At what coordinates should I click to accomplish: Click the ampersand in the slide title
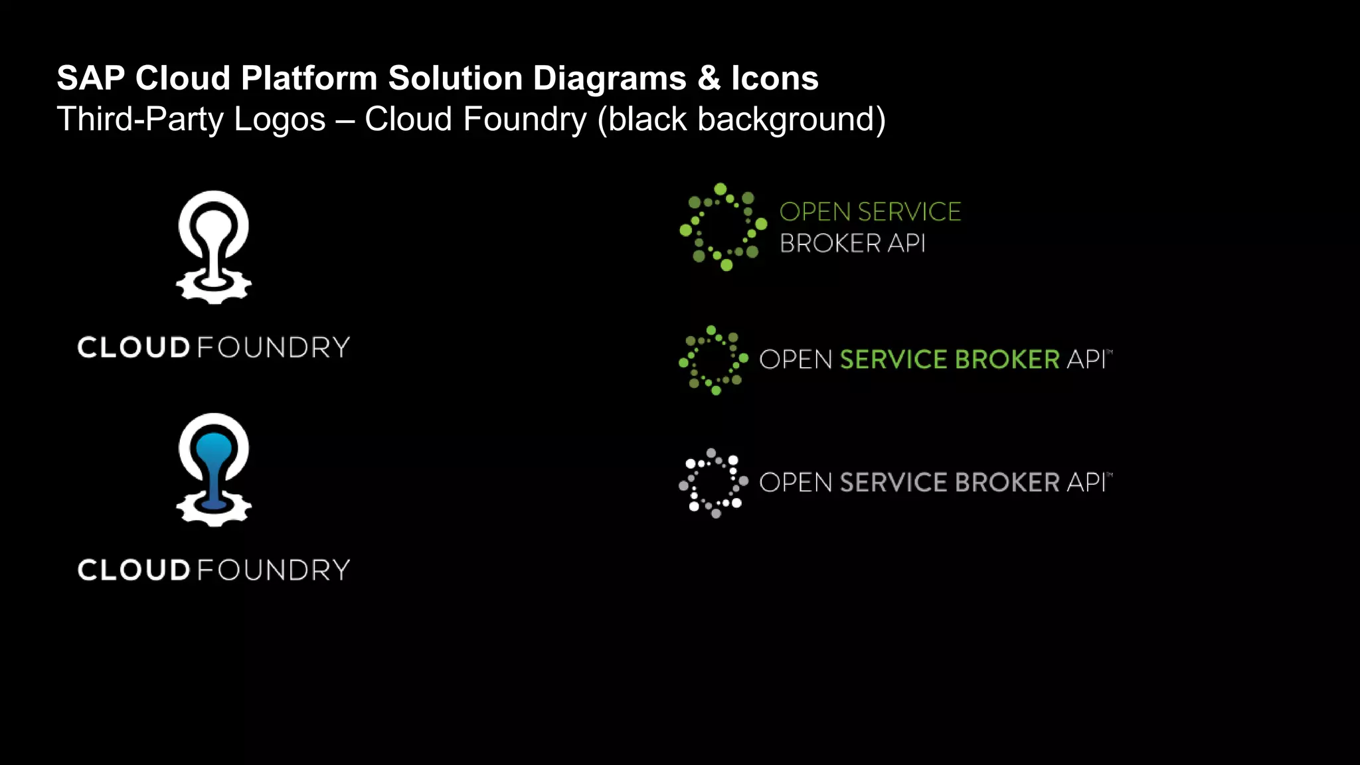709,78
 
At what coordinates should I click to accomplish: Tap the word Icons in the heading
774,78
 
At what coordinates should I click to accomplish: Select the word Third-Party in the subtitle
140,120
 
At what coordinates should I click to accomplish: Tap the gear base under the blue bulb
213,511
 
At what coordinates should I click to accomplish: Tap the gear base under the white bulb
213,289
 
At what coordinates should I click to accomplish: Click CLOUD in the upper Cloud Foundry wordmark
134,348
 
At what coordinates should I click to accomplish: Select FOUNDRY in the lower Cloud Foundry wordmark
274,570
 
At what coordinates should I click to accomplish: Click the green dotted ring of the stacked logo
723,227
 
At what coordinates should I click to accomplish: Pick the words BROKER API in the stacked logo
852,244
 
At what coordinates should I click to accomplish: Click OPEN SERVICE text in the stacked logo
870,212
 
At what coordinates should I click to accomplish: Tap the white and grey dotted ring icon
713,483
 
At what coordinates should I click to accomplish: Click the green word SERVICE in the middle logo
893,359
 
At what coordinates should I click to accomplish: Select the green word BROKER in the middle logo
1007,359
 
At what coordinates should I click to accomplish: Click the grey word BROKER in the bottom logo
1007,483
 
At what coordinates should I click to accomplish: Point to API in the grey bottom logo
1086,483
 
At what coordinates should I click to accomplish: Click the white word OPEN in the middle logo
795,359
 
